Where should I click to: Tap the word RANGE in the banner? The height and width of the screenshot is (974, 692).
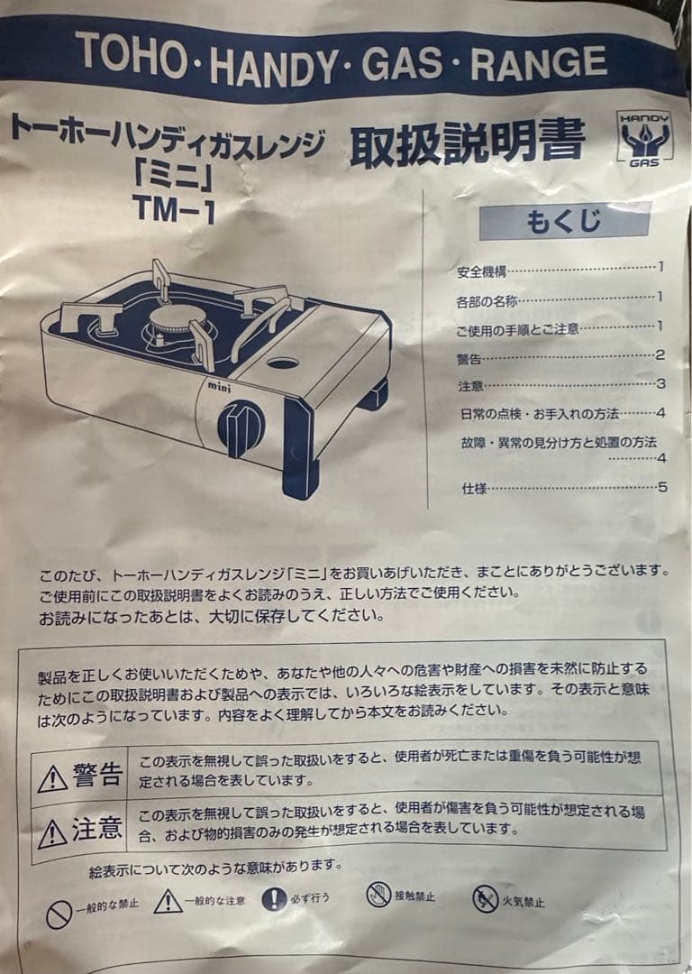[x=538, y=62]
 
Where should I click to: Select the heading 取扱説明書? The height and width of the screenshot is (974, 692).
[x=467, y=144]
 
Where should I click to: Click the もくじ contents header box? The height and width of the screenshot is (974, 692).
[x=564, y=221]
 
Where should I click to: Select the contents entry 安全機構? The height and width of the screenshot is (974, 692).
[x=483, y=271]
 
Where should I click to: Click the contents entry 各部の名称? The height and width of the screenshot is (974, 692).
[x=487, y=300]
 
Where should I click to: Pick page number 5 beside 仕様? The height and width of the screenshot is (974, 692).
[x=662, y=488]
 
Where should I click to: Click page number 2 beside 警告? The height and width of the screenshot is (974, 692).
[x=660, y=355]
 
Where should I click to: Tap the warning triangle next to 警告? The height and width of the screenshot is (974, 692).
[x=52, y=778]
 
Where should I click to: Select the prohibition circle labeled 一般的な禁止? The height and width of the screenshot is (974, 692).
[x=59, y=914]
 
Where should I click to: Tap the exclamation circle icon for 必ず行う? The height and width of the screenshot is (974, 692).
[x=274, y=898]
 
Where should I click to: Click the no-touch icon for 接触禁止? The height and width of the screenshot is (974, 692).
[x=378, y=895]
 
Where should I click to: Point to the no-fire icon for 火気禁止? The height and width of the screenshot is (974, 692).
[x=486, y=898]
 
